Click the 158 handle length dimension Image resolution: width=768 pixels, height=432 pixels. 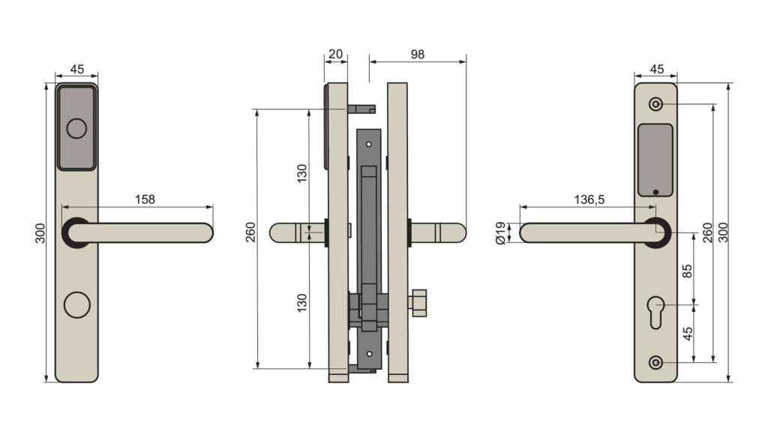click(145, 199)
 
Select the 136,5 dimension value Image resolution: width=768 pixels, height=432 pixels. click(589, 199)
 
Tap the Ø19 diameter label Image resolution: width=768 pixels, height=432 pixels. click(501, 232)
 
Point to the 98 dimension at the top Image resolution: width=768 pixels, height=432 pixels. click(418, 54)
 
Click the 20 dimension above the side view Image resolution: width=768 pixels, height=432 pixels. click(335, 54)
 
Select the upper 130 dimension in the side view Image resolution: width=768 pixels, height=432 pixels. click(301, 173)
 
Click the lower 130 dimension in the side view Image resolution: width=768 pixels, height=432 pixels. click(301, 302)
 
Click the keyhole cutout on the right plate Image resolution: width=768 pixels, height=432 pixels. click(655, 310)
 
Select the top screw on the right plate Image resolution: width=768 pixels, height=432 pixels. click(656, 103)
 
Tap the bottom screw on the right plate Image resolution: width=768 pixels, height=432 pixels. click(656, 363)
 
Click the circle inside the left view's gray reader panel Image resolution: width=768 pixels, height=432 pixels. click(76, 128)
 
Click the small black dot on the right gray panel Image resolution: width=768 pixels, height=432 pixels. click(655, 192)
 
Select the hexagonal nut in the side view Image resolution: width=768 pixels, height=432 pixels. click(417, 302)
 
